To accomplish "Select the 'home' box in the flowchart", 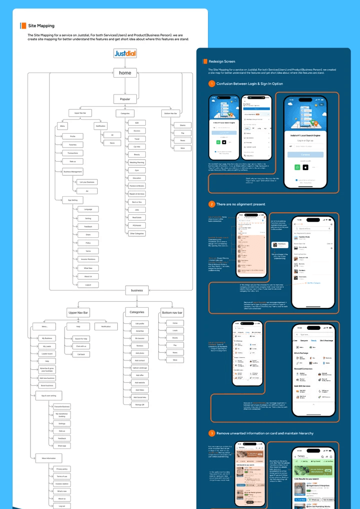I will point(125,73).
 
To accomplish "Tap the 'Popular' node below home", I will point(125,99).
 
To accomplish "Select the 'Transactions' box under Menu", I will point(73,153).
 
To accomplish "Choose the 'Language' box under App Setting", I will point(88,209).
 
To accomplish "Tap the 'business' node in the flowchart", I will point(137,290).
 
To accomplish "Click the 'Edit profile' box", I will point(140,324).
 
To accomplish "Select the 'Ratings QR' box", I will point(140,404).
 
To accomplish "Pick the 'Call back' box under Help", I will point(81,354).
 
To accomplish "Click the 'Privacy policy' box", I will point(62,469).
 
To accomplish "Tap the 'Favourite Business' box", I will point(62,407).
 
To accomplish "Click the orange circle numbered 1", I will point(212,84).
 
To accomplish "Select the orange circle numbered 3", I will point(212,433).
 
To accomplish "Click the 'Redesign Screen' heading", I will point(221,62).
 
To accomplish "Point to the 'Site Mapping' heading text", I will point(42,26).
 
